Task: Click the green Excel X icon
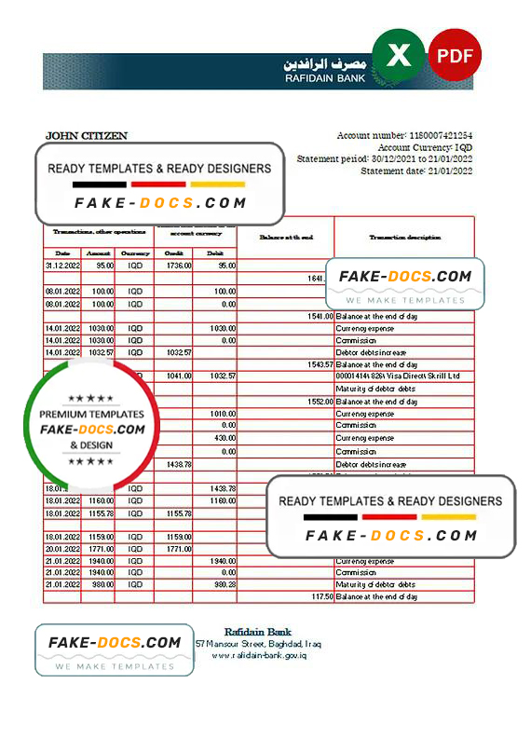pos(398,56)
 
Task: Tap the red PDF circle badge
pos(455,55)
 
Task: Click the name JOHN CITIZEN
pos(87,136)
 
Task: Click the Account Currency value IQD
pos(463,148)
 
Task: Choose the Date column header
pos(62,253)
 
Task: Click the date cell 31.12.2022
pos(62,266)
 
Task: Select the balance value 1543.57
pos(317,364)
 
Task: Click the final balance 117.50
pos(320,596)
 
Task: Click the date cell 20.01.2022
pos(62,549)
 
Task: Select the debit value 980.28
pos(224,584)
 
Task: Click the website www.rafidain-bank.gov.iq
pos(259,655)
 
